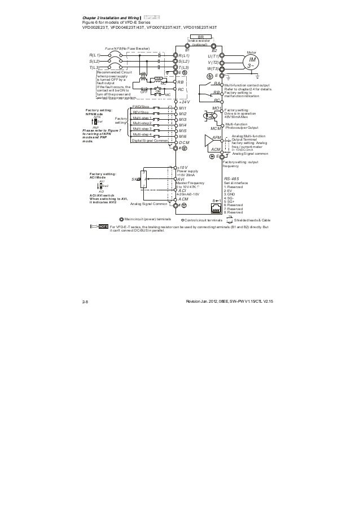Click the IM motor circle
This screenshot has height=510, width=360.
pos(253,63)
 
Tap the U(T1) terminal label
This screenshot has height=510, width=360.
pos(213,56)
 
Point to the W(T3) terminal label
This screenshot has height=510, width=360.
pos(213,68)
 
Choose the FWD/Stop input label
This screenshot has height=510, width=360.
pos(141,106)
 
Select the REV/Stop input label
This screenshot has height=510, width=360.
pos(141,112)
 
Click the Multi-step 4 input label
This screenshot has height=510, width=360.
pos(142,134)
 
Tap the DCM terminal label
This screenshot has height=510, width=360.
pos(183,143)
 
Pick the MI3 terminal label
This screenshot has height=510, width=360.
pos(182,120)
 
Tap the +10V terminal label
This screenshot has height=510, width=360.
pos(183,168)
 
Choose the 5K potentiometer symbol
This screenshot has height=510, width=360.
pos(144,180)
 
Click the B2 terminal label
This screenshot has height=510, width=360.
pos(214,50)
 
